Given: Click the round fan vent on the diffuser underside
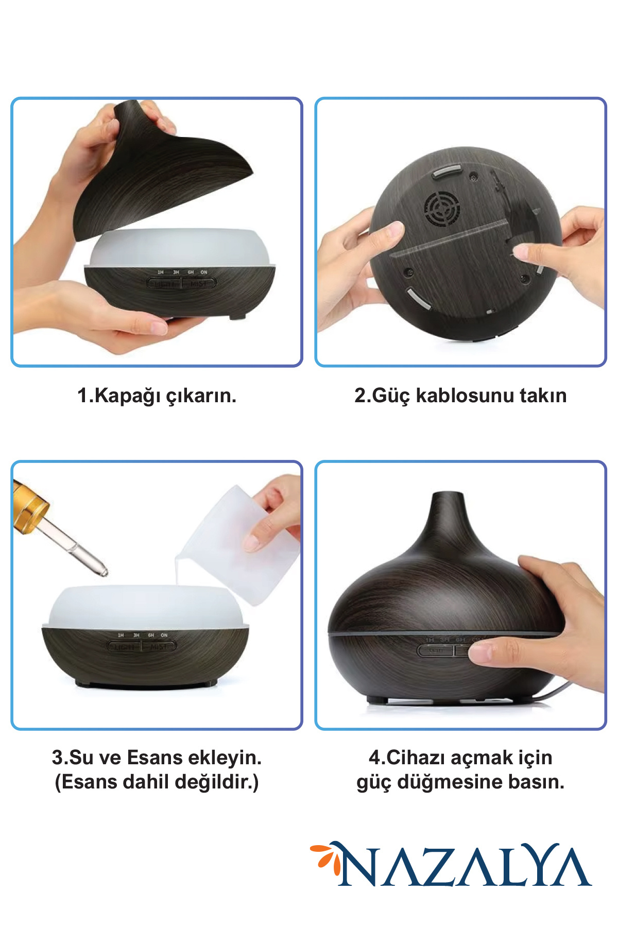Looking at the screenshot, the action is [x=441, y=209].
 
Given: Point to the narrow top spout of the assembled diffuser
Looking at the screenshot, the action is [x=447, y=510].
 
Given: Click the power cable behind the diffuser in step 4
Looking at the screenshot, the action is [x=556, y=691].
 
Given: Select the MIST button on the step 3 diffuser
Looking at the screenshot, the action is [x=159, y=646].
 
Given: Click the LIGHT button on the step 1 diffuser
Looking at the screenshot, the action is [x=164, y=283].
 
